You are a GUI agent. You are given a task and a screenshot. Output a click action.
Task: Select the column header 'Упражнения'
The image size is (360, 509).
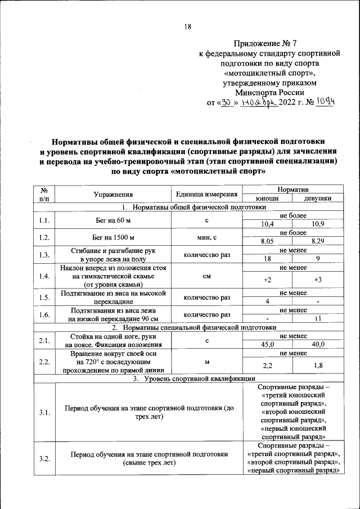113,194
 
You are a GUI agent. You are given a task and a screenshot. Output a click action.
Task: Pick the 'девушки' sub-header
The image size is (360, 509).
317,199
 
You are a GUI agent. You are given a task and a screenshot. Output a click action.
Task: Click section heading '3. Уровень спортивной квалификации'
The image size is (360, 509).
187,379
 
